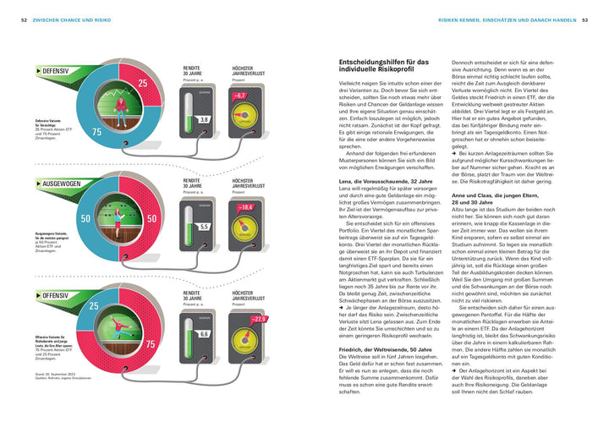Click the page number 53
(584, 19)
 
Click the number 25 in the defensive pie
(143, 83)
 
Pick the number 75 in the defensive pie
(96, 133)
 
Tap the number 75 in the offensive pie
(151, 345)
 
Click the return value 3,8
(203, 119)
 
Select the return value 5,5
(203, 227)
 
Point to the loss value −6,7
(240, 96)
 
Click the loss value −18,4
(246, 206)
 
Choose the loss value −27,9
(258, 319)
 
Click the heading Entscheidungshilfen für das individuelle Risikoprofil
(383, 67)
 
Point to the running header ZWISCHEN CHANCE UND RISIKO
(79, 19)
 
